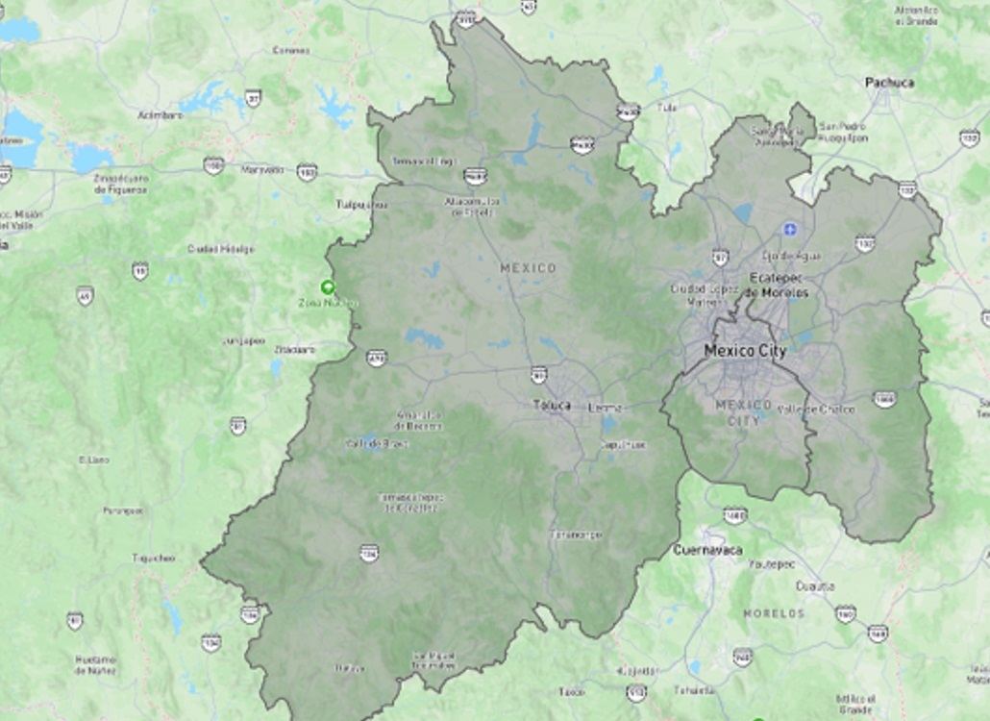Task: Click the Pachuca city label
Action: pyautogui.click(x=889, y=83)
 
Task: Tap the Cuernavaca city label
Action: pyautogui.click(x=706, y=550)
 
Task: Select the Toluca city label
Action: pyautogui.click(x=552, y=406)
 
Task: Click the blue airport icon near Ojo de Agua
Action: pyautogui.click(x=790, y=229)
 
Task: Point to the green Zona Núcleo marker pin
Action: pyautogui.click(x=328, y=286)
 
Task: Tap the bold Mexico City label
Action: pyautogui.click(x=745, y=351)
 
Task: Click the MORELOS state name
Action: pyautogui.click(x=773, y=612)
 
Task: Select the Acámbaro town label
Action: pyautogui.click(x=160, y=114)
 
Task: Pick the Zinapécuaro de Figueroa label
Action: pyautogui.click(x=121, y=184)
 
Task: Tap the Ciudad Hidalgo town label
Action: pyautogui.click(x=221, y=248)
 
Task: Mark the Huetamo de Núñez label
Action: pyautogui.click(x=95, y=664)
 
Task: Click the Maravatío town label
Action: pyautogui.click(x=262, y=170)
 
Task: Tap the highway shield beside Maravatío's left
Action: pyautogui.click(x=213, y=165)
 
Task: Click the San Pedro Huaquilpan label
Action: pyautogui.click(x=842, y=132)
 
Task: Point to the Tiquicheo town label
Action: pyautogui.click(x=153, y=558)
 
